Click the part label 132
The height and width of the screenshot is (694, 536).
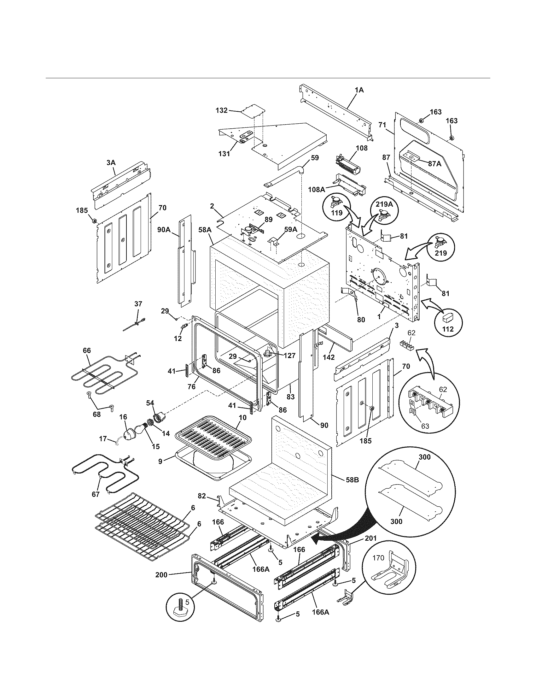coord(221,110)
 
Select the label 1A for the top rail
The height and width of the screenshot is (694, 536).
coord(359,90)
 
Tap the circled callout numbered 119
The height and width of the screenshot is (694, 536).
coord(337,213)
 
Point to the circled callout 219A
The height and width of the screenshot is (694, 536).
coord(385,205)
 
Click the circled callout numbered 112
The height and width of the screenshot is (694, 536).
coord(448,329)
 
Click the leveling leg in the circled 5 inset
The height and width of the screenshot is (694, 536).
coord(180,612)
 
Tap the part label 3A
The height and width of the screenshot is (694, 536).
coord(111,162)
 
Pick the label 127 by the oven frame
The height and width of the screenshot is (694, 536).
coord(289,356)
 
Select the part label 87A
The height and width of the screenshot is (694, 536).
coord(435,164)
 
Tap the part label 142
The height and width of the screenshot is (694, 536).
coord(329,357)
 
